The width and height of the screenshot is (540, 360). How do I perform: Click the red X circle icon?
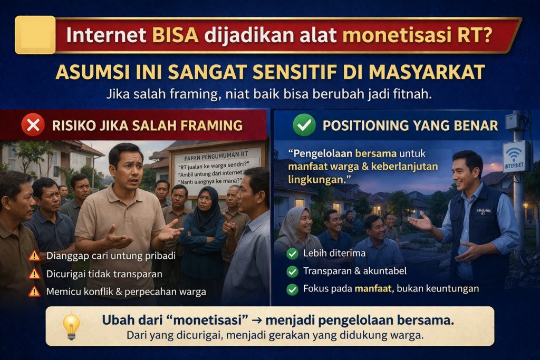pos(33,125)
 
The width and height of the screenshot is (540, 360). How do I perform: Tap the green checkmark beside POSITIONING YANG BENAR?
pos(304,125)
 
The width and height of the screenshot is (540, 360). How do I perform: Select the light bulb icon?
pos(71,326)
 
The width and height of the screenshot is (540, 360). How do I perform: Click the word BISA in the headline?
pos(175,35)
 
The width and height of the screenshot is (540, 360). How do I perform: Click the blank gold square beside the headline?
pos(35,35)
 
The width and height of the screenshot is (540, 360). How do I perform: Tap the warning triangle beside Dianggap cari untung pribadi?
pos(34,256)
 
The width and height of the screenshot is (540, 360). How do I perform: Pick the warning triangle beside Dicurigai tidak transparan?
pos(34,274)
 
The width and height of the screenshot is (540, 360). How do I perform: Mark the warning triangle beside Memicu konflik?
pos(34,291)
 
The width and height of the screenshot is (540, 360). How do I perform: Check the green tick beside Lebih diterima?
pos(292,254)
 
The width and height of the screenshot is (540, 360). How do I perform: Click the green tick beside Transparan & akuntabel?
pos(292,271)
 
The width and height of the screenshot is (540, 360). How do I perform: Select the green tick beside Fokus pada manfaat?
pos(292,289)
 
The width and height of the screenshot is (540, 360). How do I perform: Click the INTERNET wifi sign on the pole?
pos(514,157)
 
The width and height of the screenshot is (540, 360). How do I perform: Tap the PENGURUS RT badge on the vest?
pos(484,211)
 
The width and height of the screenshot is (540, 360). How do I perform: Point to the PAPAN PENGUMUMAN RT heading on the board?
pos(216,156)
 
